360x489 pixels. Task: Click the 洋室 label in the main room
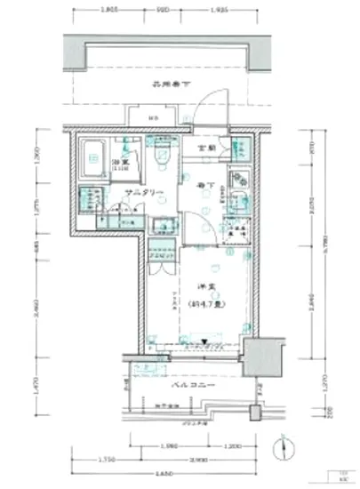coord(204,285)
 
